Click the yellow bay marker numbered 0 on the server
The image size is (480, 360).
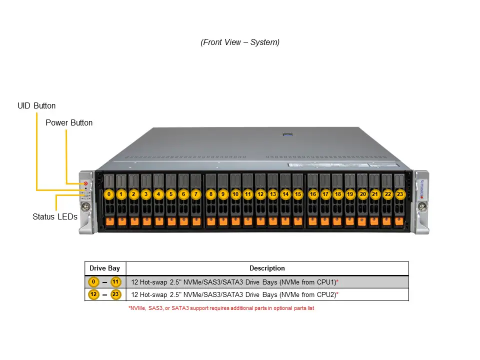point(109,194)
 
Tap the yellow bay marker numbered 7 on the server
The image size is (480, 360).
point(196,194)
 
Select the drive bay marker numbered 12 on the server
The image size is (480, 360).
point(260,194)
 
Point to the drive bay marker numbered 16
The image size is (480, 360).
point(313,194)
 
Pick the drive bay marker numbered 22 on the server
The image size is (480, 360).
point(387,194)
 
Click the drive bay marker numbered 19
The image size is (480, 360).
point(350,194)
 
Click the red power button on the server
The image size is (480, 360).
point(85,184)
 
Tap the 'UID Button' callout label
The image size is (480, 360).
point(36,106)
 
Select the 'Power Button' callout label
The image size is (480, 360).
point(69,122)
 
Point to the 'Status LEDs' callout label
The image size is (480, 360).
point(55,217)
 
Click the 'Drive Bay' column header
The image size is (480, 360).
point(104,268)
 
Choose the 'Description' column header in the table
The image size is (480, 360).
point(267,268)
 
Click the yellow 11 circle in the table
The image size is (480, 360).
point(116,281)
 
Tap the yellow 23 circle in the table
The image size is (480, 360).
point(115,294)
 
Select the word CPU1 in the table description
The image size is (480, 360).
point(325,282)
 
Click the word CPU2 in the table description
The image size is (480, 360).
point(325,295)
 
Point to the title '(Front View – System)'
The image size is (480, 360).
point(240,42)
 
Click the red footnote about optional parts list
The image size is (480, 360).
point(221,308)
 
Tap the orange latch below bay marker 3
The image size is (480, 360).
point(146,220)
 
